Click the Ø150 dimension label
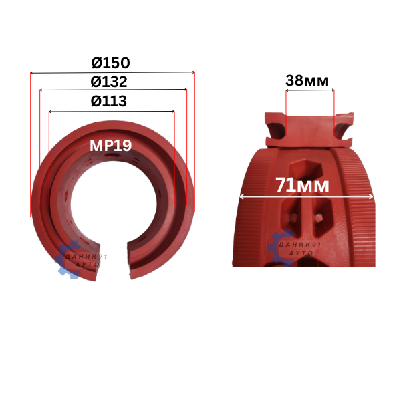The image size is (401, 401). pyautogui.click(x=110, y=63)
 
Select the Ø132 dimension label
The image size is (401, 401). pyautogui.click(x=109, y=82)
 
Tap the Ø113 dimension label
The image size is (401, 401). pyautogui.click(x=109, y=101)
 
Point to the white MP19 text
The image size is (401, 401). pyautogui.click(x=110, y=146)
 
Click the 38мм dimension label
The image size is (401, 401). pyautogui.click(x=307, y=80)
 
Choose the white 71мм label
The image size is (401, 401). pyautogui.click(x=302, y=185)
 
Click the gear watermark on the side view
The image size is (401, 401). pyautogui.click(x=281, y=247)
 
